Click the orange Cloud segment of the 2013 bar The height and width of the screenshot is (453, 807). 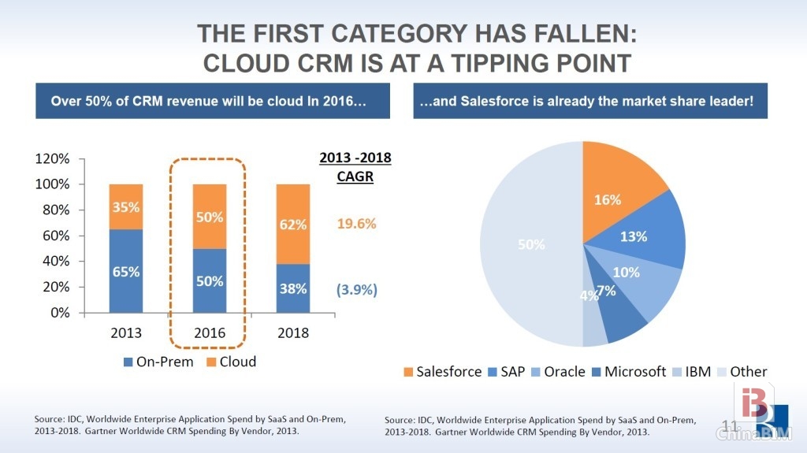click(x=125, y=206)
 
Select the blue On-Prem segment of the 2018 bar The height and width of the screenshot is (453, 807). click(x=293, y=288)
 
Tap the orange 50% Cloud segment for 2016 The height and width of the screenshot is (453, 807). click(x=210, y=217)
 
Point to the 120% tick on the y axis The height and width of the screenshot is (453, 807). click(x=53, y=158)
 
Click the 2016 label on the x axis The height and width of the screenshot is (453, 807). click(x=210, y=332)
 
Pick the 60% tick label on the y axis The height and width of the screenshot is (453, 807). click(x=56, y=236)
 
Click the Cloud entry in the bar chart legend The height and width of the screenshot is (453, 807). click(x=232, y=362)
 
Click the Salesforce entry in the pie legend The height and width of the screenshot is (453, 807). click(x=441, y=371)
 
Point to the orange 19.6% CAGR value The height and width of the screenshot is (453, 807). click(x=356, y=223)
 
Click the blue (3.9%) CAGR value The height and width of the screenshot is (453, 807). click(x=356, y=289)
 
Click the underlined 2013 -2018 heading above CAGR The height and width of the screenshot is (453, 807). click(x=355, y=158)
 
